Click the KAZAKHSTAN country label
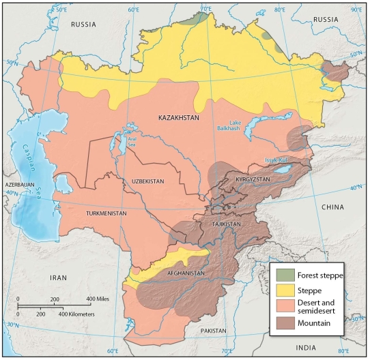(x=178, y=118)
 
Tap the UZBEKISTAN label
(x=144, y=181)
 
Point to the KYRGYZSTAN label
(x=253, y=179)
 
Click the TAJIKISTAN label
(x=224, y=224)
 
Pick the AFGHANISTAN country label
(x=186, y=273)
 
